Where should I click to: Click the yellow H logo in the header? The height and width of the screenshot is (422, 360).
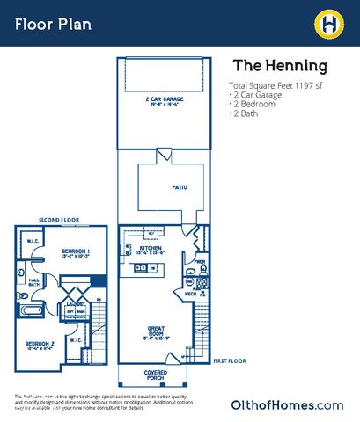pos(328,20)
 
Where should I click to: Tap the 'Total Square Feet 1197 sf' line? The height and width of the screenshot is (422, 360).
pos(277,84)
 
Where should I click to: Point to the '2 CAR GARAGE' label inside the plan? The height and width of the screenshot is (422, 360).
pos(165,100)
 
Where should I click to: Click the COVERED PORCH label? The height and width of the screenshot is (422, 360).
pos(155,375)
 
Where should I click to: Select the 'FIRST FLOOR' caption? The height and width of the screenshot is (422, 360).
pos(231,360)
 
